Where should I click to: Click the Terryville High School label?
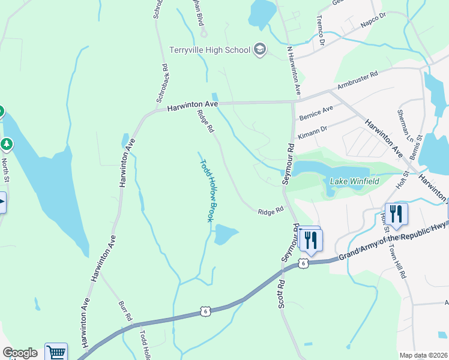point(209,50)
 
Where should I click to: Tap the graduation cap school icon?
point(260,49)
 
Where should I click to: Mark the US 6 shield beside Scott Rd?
point(304,263)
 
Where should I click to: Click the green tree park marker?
point(6,144)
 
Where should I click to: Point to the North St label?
point(5,170)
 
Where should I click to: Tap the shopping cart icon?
point(56,352)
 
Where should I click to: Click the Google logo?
point(19,353)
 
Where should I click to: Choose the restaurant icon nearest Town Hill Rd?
point(396,214)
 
